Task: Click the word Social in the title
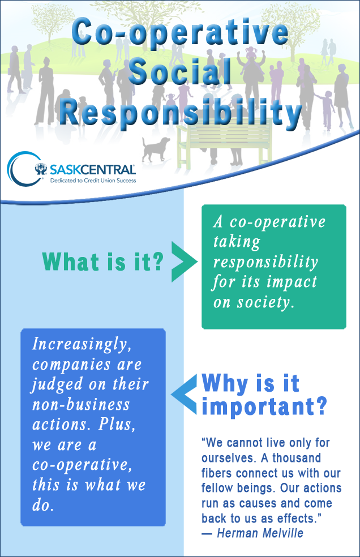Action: point(180,71)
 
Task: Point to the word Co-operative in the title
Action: point(180,32)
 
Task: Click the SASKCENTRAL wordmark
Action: point(92,169)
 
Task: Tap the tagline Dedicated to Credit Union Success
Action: point(93,181)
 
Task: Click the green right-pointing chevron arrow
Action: point(184,262)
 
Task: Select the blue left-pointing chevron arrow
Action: point(184,394)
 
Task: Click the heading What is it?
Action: point(102,262)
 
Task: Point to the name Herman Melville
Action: point(260,533)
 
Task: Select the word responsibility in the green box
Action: point(265,263)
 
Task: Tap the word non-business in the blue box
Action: point(81,405)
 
